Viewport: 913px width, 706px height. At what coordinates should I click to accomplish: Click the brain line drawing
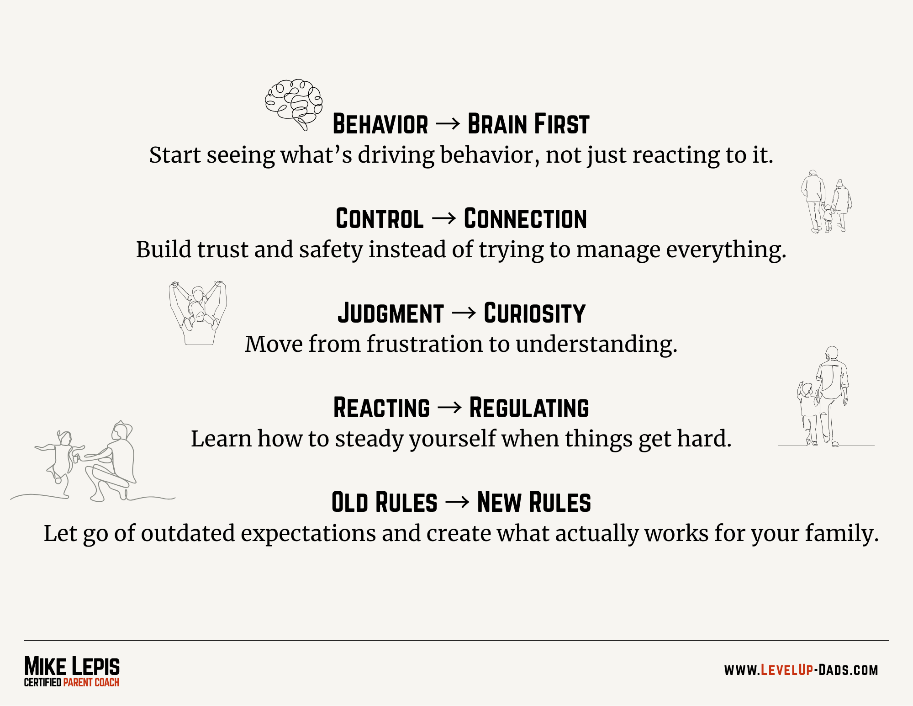click(294, 105)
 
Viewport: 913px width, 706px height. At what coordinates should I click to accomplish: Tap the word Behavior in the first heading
click(380, 124)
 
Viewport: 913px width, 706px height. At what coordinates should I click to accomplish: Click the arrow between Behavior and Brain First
click(448, 124)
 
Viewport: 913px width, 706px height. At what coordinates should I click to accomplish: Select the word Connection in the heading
click(525, 219)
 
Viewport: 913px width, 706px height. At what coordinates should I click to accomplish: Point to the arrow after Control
click(443, 218)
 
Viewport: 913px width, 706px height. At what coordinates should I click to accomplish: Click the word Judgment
click(391, 313)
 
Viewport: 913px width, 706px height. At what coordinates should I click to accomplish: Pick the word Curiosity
click(534, 313)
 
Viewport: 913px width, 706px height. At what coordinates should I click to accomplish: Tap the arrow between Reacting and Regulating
click(449, 408)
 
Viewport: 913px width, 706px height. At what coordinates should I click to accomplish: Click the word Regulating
click(529, 408)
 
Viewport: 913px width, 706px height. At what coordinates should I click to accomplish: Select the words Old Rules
click(384, 503)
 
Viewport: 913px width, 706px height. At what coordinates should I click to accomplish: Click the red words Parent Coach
click(91, 683)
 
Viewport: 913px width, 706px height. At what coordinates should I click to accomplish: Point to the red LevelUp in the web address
click(787, 670)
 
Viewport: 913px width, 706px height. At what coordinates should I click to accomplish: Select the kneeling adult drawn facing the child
click(110, 462)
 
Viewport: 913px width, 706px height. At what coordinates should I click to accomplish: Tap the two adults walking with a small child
click(826, 202)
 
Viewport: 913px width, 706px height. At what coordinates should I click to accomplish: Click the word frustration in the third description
click(424, 344)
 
